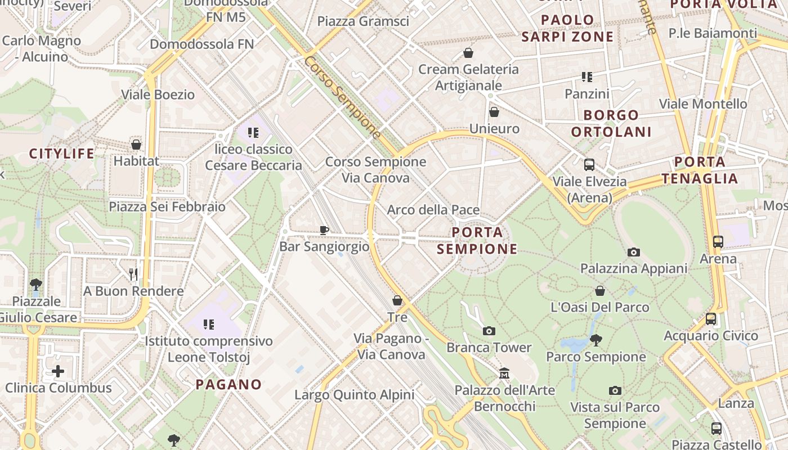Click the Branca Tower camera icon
pyautogui.click(x=489, y=331)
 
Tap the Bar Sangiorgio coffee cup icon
pyautogui.click(x=324, y=229)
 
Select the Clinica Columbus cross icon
pyautogui.click(x=58, y=371)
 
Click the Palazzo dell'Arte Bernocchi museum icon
pyautogui.click(x=504, y=373)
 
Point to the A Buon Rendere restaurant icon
pyautogui.click(x=133, y=274)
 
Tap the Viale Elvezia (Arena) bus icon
pyautogui.click(x=589, y=165)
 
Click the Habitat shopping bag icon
pyautogui.click(x=136, y=145)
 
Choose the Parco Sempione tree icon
pyautogui.click(x=596, y=340)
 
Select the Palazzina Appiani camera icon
pyautogui.click(x=634, y=252)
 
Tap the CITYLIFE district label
pyautogui.click(x=61, y=154)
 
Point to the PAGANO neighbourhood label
pyautogui.click(x=229, y=385)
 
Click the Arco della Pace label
pyautogui.click(x=433, y=210)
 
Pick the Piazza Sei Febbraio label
pyautogui.click(x=167, y=206)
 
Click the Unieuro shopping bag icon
pyautogui.click(x=494, y=112)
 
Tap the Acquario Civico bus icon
pyautogui.click(x=710, y=319)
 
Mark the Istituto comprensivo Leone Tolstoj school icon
pyautogui.click(x=209, y=324)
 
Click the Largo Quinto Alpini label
pyautogui.click(x=354, y=395)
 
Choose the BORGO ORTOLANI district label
pyautogui.click(x=611, y=124)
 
